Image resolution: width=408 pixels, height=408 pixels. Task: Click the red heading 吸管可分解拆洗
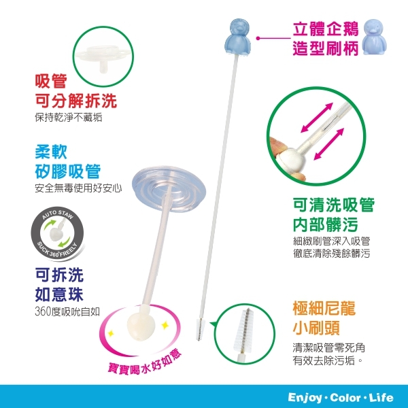point(75,92)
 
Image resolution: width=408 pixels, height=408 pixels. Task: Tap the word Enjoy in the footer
point(307,396)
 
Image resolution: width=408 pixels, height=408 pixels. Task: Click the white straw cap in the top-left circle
point(101,55)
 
